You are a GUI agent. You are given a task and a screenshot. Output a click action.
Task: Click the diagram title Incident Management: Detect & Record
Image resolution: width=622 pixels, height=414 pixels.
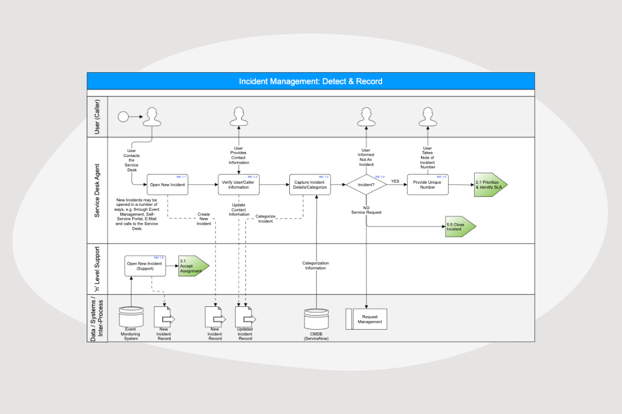(310, 81)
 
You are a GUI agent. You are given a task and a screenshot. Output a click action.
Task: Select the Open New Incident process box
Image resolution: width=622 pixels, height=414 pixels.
(167, 185)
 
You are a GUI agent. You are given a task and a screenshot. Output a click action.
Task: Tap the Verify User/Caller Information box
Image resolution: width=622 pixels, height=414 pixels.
(238, 185)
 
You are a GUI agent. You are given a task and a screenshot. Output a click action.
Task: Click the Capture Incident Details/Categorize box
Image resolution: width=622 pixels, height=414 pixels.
(310, 185)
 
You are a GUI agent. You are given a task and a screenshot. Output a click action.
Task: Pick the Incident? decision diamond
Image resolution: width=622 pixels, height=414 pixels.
(366, 185)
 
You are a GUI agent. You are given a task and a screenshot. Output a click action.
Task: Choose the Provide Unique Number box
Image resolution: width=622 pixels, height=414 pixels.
(428, 185)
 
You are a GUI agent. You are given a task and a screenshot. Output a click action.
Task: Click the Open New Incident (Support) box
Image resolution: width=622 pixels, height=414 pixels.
(144, 266)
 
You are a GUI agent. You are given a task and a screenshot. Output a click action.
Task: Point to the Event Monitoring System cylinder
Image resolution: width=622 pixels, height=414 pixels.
(131, 317)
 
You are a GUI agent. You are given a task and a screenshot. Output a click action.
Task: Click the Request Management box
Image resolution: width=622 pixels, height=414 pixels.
(367, 319)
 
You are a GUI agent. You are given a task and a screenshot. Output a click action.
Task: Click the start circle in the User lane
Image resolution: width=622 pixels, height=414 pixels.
(123, 117)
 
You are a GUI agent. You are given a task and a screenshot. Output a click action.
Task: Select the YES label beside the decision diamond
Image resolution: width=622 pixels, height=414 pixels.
(395, 181)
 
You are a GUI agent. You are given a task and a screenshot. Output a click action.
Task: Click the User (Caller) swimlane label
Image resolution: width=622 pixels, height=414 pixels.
(97, 117)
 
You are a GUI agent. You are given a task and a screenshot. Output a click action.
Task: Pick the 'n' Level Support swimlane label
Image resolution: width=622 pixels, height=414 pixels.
(97, 269)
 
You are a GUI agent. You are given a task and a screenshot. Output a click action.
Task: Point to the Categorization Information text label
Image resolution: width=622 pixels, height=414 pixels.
(315, 265)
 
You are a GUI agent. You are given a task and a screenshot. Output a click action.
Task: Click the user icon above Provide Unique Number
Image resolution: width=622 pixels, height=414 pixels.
(428, 117)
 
